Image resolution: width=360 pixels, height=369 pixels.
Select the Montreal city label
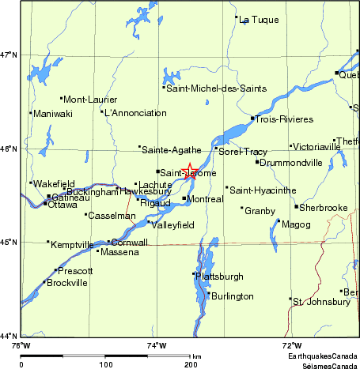point(206,199)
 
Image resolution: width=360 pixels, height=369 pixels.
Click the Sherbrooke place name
point(324,208)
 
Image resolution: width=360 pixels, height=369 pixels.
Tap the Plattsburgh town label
point(221,276)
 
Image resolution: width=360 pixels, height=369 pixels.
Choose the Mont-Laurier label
point(90,100)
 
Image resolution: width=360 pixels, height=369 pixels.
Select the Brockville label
point(67,283)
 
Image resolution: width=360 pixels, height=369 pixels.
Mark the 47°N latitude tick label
point(9,55)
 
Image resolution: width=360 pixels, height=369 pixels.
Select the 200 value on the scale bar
point(190,364)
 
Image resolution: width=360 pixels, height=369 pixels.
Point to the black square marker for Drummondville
point(257,162)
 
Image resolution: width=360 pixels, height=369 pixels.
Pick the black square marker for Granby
point(242,208)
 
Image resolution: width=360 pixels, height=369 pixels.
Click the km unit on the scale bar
point(196,357)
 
